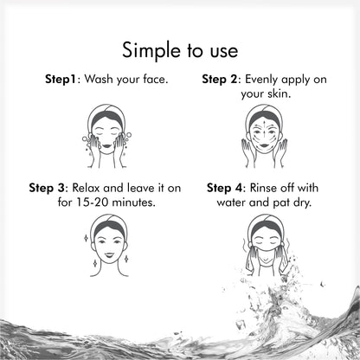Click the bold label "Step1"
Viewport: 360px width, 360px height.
62,79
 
